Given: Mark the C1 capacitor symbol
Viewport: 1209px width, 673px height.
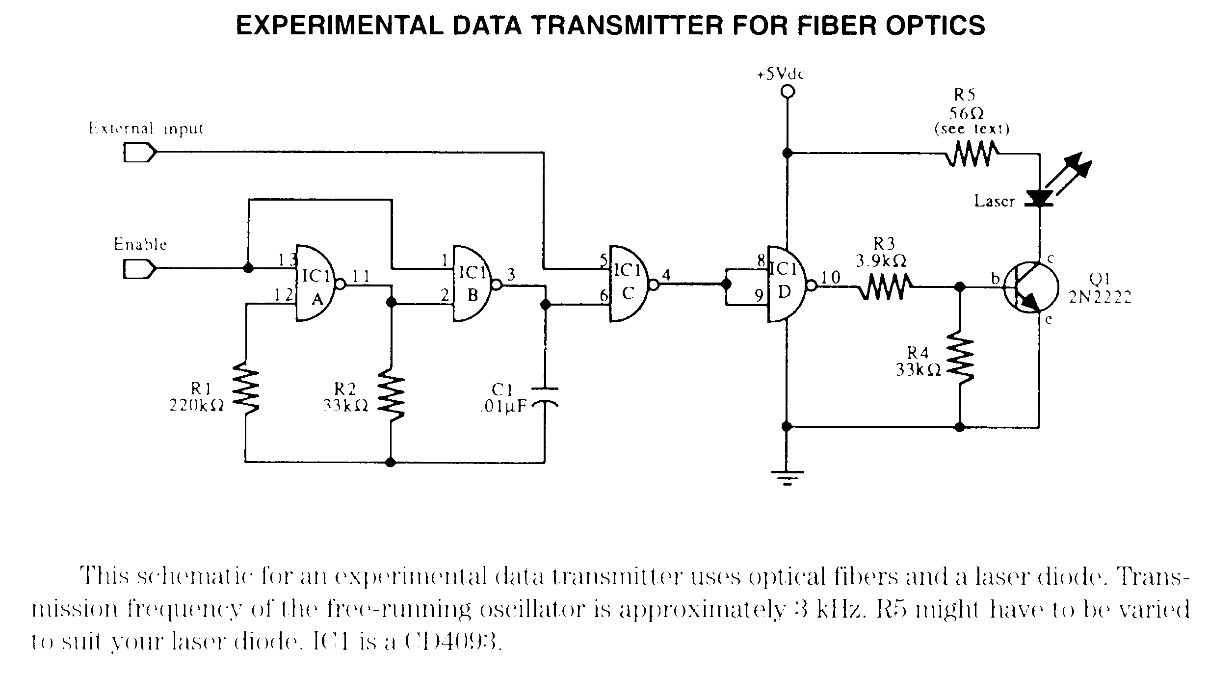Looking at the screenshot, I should [x=545, y=396].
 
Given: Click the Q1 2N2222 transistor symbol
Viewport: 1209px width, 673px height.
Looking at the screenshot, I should [x=1028, y=288].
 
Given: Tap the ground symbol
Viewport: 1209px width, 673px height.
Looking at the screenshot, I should [x=787, y=476].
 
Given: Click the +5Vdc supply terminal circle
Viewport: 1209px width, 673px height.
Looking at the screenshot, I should [x=787, y=92].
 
